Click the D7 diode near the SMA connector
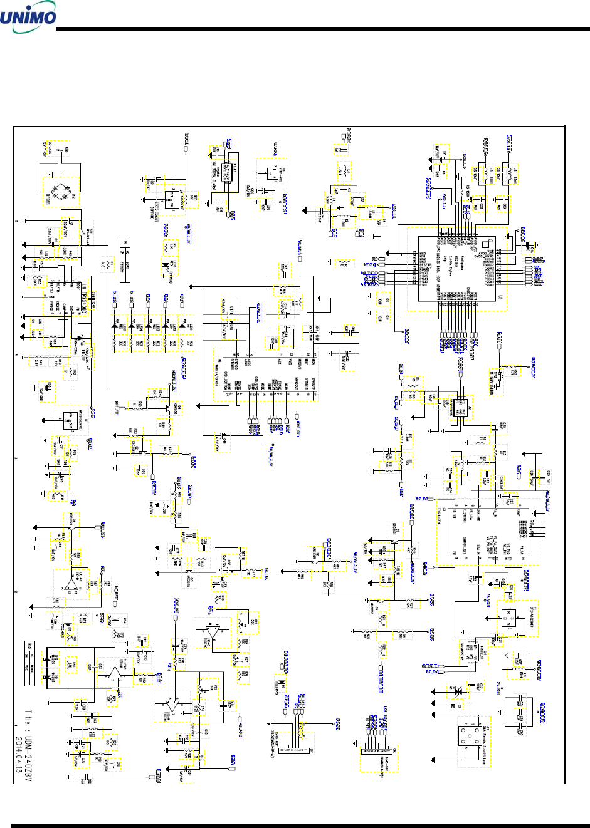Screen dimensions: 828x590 (457, 691)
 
